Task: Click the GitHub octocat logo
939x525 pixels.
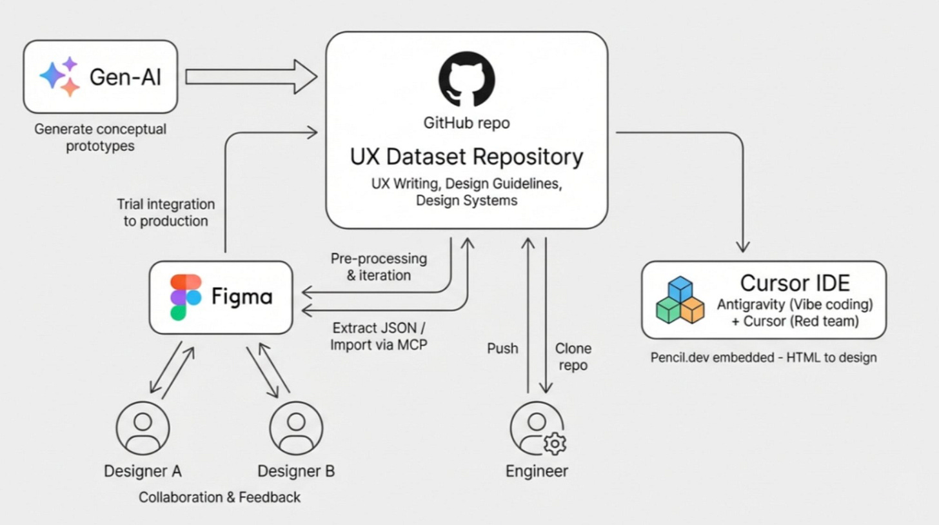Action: pos(466,79)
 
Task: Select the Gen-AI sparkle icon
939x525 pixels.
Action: pos(60,77)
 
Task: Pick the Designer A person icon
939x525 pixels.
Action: pos(143,428)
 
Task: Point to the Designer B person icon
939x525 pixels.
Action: pos(296,428)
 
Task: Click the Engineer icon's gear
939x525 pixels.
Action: pos(554,444)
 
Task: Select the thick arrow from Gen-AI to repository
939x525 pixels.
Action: pos(252,77)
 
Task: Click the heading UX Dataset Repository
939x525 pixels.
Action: pos(466,157)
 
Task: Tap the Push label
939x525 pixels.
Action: pos(502,348)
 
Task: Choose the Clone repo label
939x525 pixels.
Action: pos(573,357)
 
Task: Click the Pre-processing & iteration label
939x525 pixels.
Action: pos(379,266)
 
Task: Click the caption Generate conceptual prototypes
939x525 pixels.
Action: pos(100,137)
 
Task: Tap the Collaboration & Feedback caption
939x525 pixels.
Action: pos(219,497)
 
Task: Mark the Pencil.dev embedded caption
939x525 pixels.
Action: pos(764,357)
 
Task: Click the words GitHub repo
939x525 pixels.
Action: pos(466,123)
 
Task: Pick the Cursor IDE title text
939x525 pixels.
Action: pos(795,282)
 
